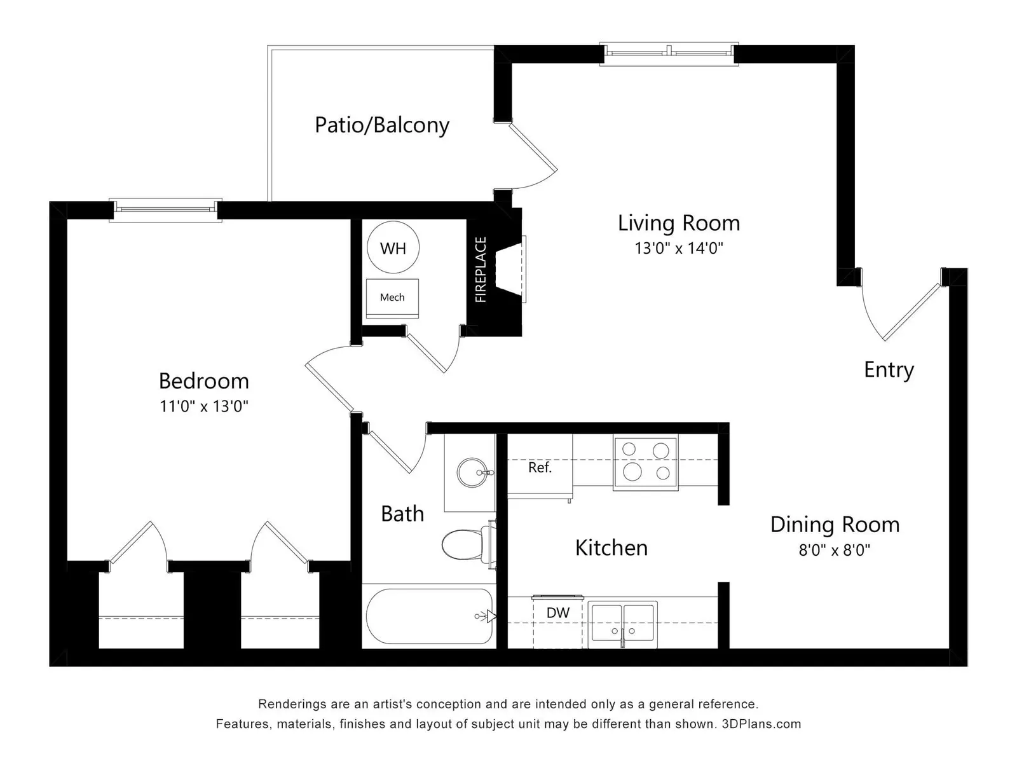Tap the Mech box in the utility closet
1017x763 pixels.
tap(392, 298)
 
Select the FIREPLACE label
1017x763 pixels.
tap(481, 270)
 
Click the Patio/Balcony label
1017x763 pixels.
tap(382, 125)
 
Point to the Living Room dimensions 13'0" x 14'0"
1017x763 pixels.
tap(679, 249)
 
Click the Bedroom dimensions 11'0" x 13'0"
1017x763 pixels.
tap(204, 406)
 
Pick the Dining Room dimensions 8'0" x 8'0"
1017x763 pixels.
tap(835, 550)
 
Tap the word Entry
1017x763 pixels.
tap(889, 370)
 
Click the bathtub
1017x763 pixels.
tap(429, 616)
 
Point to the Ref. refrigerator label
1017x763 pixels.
tap(540, 467)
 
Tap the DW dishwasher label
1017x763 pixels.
tap(558, 613)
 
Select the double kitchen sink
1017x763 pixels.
tap(623, 624)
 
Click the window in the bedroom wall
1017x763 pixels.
tap(165, 210)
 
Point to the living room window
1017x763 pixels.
tap(669, 54)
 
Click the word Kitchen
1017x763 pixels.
tap(611, 548)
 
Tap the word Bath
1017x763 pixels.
tap(402, 514)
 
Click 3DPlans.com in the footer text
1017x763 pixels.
tap(761, 724)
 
